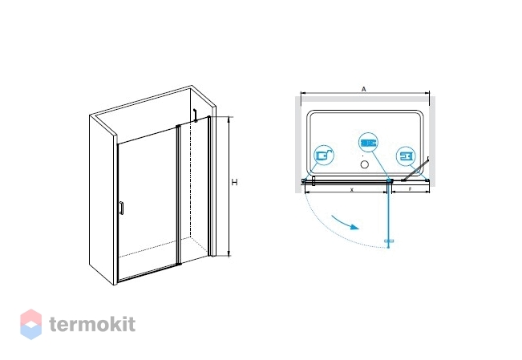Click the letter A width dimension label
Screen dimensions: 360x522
click(x=365, y=90)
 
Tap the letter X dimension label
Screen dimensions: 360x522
click(x=351, y=191)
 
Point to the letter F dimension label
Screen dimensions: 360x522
click(x=409, y=191)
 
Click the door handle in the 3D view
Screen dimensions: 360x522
click(x=120, y=208)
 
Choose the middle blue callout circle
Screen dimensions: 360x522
click(x=368, y=143)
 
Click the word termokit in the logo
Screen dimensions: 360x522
click(x=92, y=324)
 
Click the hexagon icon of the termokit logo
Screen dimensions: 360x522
click(x=30, y=324)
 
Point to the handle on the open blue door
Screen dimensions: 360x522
click(x=390, y=241)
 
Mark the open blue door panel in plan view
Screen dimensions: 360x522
click(x=389, y=216)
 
